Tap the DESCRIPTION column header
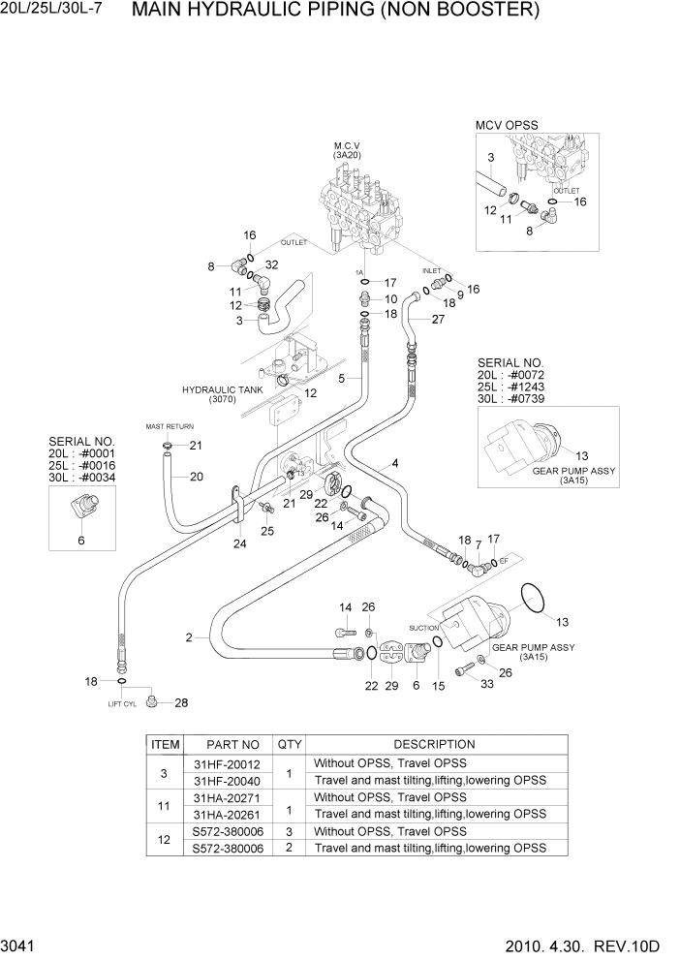pyautogui.click(x=434, y=744)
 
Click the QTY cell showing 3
pyautogui.click(x=289, y=831)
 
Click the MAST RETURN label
pyautogui.click(x=170, y=426)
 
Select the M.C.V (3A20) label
pyautogui.click(x=347, y=149)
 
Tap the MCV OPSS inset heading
pyautogui.click(x=506, y=125)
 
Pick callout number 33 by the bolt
pyautogui.click(x=487, y=684)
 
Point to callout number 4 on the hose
pyautogui.click(x=395, y=464)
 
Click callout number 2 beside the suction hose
pyautogui.click(x=189, y=637)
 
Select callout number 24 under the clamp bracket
pyautogui.click(x=239, y=543)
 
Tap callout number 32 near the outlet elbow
pyautogui.click(x=271, y=264)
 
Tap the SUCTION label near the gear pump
pyautogui.click(x=424, y=628)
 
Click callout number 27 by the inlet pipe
pyautogui.click(x=438, y=320)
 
